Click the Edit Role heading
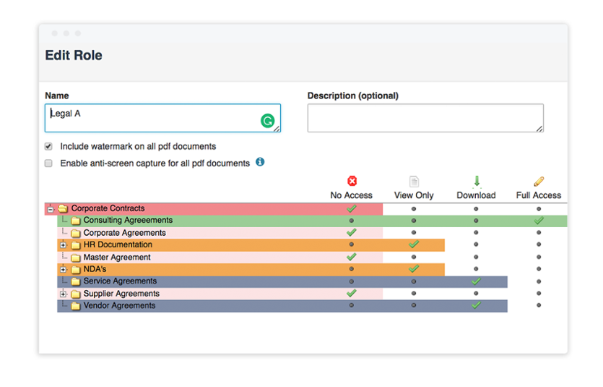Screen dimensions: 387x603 [74, 56]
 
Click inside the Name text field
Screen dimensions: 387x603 [152, 118]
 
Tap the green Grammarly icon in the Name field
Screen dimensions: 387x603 [268, 121]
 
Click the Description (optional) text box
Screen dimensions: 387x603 [425, 118]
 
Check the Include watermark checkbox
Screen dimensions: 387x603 [48, 146]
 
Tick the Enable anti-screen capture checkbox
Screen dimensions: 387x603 [48, 163]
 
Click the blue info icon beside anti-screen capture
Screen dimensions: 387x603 [260, 162]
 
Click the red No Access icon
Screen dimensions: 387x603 [352, 181]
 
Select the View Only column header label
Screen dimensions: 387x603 [414, 195]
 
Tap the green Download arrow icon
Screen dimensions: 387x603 [476, 181]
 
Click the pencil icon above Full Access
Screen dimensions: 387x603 [539, 181]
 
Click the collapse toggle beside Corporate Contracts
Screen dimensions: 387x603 [51, 209]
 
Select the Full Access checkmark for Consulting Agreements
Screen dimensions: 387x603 [539, 221]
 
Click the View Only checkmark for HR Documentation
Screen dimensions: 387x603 [414, 244]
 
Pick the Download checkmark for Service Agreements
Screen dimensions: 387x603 [476, 281]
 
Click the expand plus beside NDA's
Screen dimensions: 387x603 [64, 269]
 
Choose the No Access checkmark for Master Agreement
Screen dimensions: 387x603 [352, 257]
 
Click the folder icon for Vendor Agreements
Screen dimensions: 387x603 [75, 306]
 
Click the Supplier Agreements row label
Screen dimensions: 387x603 [121, 294]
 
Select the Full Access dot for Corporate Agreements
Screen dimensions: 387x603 [539, 233]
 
